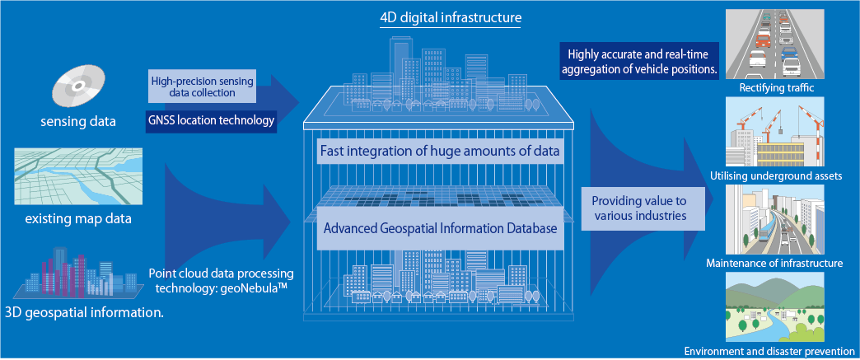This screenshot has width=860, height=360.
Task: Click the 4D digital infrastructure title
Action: click(x=450, y=16)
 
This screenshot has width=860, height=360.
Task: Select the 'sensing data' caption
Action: click(x=78, y=122)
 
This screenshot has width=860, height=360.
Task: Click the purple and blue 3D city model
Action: click(x=74, y=274)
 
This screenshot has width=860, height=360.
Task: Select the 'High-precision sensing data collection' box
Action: click(x=202, y=86)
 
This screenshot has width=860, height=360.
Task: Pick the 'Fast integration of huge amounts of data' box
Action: click(x=441, y=150)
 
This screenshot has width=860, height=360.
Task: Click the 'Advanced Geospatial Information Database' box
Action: click(x=441, y=228)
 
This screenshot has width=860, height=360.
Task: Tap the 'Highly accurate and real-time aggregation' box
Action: click(x=639, y=60)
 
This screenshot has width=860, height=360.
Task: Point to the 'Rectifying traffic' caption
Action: click(x=774, y=87)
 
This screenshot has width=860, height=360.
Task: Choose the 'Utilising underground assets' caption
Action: click(x=774, y=175)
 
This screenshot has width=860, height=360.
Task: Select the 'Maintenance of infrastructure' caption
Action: click(x=774, y=264)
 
